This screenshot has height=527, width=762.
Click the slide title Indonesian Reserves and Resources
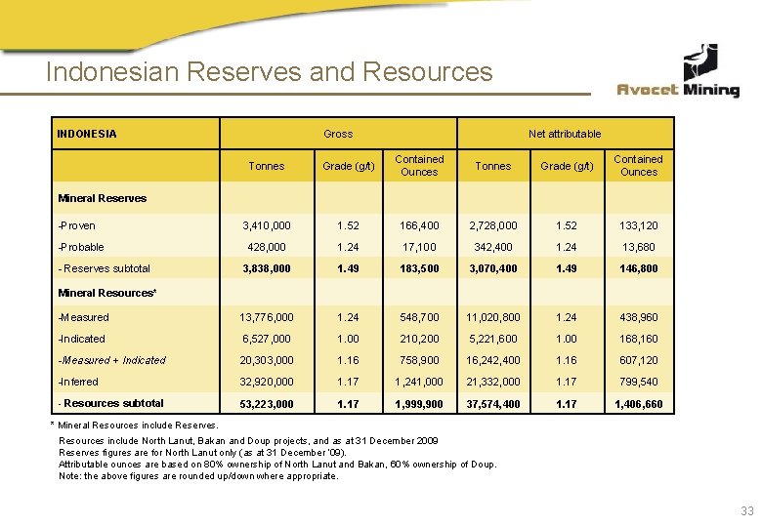tap(270, 72)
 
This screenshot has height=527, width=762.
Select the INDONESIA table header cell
tap(87, 134)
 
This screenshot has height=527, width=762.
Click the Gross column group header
tap(338, 134)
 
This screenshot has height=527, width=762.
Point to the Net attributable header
tap(565, 134)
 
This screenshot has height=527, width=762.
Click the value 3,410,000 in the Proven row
tap(267, 225)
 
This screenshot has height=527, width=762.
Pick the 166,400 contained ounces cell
tap(419, 225)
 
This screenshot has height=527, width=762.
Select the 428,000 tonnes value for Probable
tap(267, 247)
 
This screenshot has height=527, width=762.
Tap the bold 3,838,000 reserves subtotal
tap(267, 268)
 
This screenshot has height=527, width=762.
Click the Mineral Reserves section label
tap(103, 198)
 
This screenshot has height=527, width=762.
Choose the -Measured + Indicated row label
tap(112, 360)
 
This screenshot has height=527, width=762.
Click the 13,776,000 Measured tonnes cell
tap(267, 317)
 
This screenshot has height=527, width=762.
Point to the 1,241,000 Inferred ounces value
tap(419, 382)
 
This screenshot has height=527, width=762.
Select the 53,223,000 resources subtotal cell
tap(267, 403)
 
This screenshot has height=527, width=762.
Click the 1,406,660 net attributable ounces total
tap(639, 403)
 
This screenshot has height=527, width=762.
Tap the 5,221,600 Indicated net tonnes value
tap(493, 339)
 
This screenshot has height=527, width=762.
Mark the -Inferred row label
tap(78, 382)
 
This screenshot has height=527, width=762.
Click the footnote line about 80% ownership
tap(277, 464)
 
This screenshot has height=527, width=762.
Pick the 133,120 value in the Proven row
tap(639, 225)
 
